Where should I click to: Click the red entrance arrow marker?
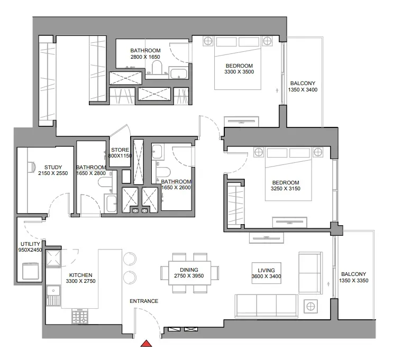pyautogui.click(x=147, y=344)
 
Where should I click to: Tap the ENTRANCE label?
pyautogui.click(x=144, y=301)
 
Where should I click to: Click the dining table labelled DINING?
pyautogui.click(x=189, y=273)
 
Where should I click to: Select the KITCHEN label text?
pyautogui.click(x=81, y=275)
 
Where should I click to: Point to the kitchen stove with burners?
pyautogui.click(x=80, y=316)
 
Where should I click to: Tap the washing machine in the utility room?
pyautogui.click(x=31, y=271)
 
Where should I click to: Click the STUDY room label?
pyautogui.click(x=53, y=168)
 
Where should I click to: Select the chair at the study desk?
pyautogui.click(x=31, y=167)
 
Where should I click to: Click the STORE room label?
pyautogui.click(x=120, y=150)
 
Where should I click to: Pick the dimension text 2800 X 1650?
pyautogui.click(x=145, y=57)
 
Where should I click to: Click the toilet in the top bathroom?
pyautogui.click(x=157, y=68)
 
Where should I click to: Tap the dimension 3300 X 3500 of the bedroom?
pyautogui.click(x=239, y=72)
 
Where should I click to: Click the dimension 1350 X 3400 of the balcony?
pyautogui.click(x=303, y=90)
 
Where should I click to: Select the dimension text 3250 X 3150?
pyautogui.click(x=286, y=189)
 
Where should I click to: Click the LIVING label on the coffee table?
pyautogui.click(x=266, y=270)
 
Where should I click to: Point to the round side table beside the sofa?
pyautogui.click(x=311, y=306)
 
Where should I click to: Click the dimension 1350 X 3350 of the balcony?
pyautogui.click(x=354, y=281)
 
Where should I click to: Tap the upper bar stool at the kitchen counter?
pyautogui.click(x=130, y=259)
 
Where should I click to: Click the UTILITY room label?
pyautogui.click(x=30, y=244)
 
